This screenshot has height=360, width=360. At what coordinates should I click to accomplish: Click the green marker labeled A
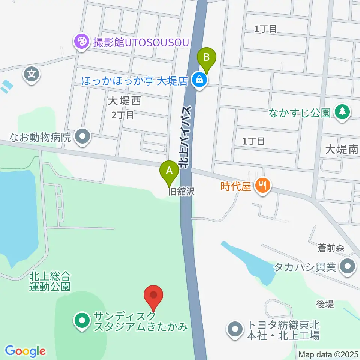tap(169, 172)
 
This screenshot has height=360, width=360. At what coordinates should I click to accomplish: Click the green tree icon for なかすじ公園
tap(342, 112)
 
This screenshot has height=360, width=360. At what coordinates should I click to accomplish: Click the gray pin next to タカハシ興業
tap(347, 267)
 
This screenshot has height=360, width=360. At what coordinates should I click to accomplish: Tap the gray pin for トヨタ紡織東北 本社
tap(235, 330)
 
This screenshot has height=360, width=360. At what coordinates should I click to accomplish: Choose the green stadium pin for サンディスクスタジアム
tap(81, 321)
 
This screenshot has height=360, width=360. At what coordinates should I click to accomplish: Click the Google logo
tap(25, 351)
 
